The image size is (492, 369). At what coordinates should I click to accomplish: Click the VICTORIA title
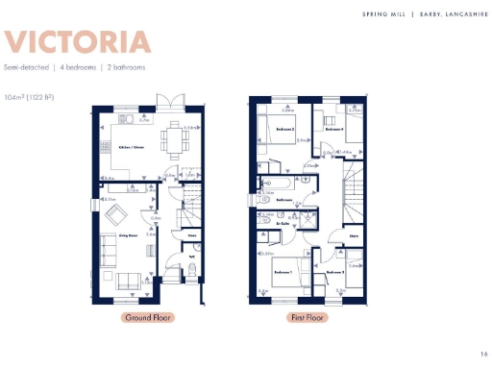pyautogui.click(x=78, y=43)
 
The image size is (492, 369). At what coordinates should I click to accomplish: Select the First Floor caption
pyautogui.click(x=306, y=317)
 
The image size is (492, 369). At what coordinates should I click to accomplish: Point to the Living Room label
pyautogui.click(x=116, y=234)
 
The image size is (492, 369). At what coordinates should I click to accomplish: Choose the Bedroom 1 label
pyautogui.click(x=283, y=272)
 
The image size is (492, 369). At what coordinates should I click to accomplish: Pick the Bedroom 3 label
pyautogui.click(x=334, y=272)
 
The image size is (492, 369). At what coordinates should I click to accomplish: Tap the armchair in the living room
pyautogui.click(x=117, y=213)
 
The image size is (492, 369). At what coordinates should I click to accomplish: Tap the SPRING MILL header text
pyautogui.click(x=383, y=13)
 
